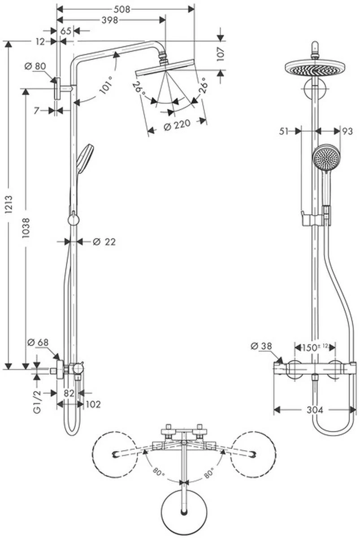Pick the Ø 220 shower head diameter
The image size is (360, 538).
[x=177, y=126]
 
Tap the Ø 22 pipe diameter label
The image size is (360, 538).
[x=104, y=242]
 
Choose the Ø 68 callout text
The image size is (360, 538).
[x=38, y=342]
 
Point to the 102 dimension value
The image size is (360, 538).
[x=93, y=404]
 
